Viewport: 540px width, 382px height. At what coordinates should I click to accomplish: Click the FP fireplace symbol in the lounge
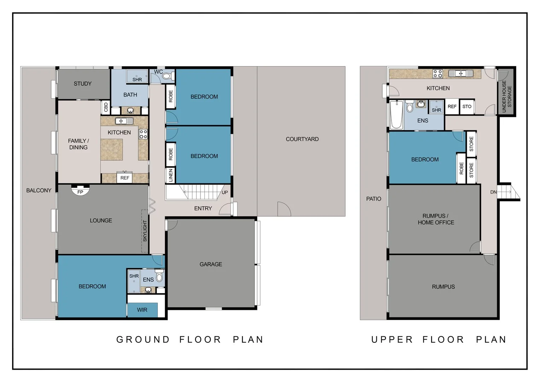tap(80, 191)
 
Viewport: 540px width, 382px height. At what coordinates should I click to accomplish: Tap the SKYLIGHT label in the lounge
tap(145, 231)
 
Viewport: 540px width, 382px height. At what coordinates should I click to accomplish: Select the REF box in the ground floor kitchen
tap(124, 178)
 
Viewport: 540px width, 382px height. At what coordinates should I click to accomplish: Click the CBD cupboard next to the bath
tap(106, 107)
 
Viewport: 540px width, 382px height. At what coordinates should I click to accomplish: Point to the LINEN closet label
tap(170, 175)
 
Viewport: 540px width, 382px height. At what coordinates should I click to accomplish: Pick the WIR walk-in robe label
tap(142, 310)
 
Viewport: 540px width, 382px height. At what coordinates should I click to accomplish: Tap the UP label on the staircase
tap(225, 192)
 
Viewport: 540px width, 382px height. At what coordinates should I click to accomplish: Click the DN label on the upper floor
tap(493, 192)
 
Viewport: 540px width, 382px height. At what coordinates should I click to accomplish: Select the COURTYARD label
tap(302, 139)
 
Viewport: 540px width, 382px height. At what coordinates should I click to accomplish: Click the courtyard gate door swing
tap(283, 209)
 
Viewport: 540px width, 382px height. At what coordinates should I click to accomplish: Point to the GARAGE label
tap(211, 264)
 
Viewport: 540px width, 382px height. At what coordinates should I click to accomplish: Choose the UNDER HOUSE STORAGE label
tap(507, 96)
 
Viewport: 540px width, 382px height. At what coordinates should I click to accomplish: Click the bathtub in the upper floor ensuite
tap(396, 115)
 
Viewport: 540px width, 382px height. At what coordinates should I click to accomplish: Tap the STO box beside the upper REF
tap(467, 106)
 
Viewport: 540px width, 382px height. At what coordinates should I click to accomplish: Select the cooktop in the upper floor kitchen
tap(438, 74)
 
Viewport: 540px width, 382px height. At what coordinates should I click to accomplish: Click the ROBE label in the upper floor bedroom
tap(461, 168)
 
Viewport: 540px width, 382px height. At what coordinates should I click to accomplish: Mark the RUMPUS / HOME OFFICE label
tap(436, 219)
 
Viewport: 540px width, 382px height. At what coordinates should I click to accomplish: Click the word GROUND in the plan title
tap(143, 340)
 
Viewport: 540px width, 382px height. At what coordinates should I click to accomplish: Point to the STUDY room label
tap(83, 84)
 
